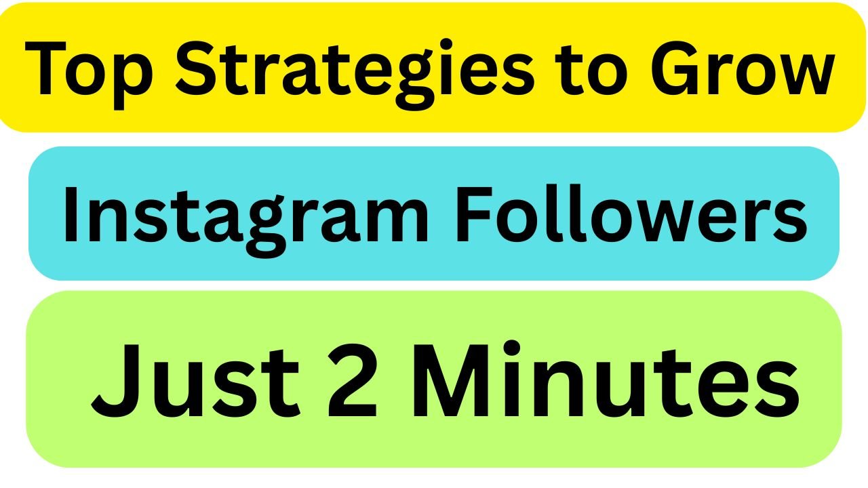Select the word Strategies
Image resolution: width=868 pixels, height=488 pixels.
(x=355, y=75)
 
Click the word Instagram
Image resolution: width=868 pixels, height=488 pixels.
(x=247, y=220)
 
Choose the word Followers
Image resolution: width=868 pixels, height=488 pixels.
(x=631, y=213)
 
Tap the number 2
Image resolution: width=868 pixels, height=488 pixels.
(x=351, y=380)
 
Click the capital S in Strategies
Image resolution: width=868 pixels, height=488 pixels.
(x=199, y=68)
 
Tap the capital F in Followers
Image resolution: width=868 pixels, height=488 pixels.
(x=475, y=213)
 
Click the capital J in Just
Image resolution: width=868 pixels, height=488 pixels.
(x=115, y=381)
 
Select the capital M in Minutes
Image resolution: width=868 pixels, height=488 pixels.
(x=452, y=380)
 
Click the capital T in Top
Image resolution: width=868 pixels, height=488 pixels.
(x=45, y=68)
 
